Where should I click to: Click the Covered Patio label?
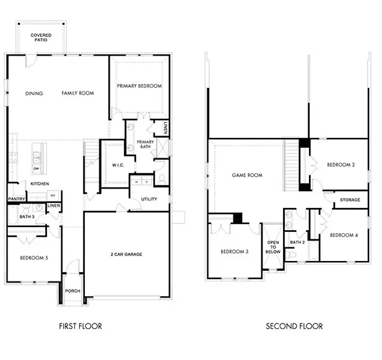click(41, 37)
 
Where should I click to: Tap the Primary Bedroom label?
click(139, 86)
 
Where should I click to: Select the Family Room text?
click(77, 93)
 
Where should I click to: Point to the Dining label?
click(34, 93)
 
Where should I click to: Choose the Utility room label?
click(149, 199)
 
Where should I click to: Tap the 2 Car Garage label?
click(128, 254)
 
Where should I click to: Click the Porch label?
click(72, 291)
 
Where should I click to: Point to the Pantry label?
click(16, 199)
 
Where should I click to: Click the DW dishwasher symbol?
click(37, 168)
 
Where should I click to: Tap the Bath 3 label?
click(26, 217)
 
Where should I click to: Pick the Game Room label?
click(247, 175)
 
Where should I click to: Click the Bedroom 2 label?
click(340, 165)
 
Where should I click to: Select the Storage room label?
click(351, 200)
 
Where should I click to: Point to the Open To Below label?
click(272, 247)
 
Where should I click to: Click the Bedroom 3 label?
click(233, 251)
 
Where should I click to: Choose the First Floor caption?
click(80, 326)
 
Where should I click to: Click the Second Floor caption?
click(294, 326)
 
